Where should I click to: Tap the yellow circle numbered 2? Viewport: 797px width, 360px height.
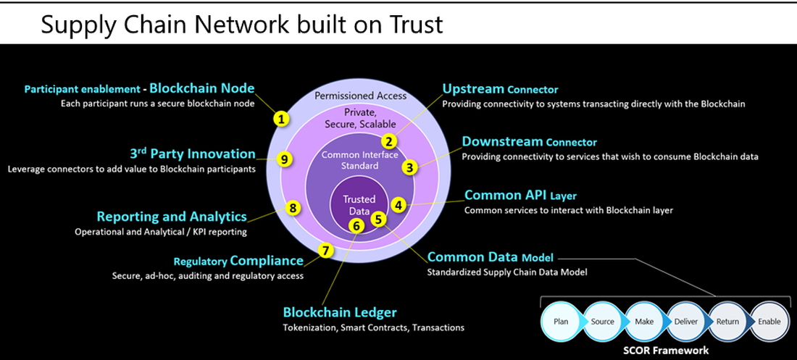(x=389, y=141)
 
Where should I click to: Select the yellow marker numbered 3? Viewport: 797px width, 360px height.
(x=410, y=167)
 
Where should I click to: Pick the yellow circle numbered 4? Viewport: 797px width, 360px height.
(x=398, y=205)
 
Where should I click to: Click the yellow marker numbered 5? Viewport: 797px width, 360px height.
(x=377, y=217)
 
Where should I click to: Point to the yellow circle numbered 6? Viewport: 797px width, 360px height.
(x=355, y=225)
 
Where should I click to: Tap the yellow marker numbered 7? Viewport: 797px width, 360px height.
(x=326, y=251)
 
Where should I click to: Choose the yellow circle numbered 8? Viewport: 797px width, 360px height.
(x=293, y=208)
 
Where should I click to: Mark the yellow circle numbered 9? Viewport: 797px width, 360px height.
(x=285, y=159)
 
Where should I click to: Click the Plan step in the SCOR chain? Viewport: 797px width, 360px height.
(x=561, y=322)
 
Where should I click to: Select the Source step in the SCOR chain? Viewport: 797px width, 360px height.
(x=601, y=322)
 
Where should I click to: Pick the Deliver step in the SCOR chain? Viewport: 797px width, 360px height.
(x=684, y=322)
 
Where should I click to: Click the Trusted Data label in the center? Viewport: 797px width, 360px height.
(x=358, y=204)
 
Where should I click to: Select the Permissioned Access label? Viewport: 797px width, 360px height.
(x=361, y=96)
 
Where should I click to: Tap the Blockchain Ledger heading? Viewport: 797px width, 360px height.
(x=340, y=313)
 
